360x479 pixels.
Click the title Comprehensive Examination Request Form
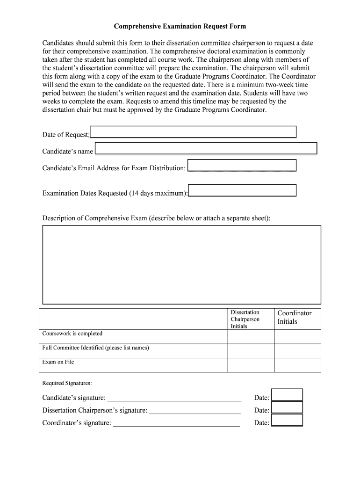click(x=180, y=27)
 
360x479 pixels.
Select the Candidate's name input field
click(x=206, y=148)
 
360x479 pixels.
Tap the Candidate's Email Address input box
click(x=242, y=165)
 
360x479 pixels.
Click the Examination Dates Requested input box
click(x=242, y=190)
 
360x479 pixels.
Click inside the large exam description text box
click(x=181, y=264)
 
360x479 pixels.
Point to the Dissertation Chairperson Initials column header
click(x=245, y=319)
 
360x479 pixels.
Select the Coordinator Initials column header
click(x=295, y=317)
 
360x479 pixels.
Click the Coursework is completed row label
click(x=72, y=334)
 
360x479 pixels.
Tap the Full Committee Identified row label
click(x=96, y=348)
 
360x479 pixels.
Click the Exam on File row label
click(x=58, y=362)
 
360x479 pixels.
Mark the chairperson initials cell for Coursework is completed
click(x=251, y=337)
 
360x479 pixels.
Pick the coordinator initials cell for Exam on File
click(x=297, y=365)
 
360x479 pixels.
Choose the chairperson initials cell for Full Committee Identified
click(x=251, y=351)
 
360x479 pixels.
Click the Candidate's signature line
click(x=174, y=398)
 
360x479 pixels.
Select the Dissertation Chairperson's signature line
click(x=194, y=411)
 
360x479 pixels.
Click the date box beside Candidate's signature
click(x=287, y=394)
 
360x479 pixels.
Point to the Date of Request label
click(x=66, y=135)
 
